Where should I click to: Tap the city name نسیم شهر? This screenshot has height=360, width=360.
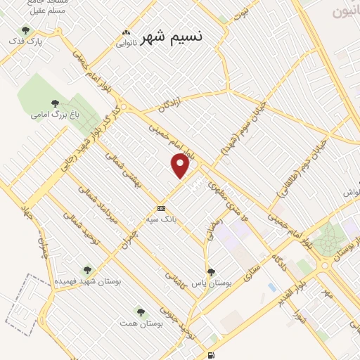[171, 37]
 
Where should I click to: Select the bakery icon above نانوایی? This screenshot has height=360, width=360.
[126, 32]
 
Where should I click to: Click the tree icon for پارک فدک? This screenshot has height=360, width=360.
[26, 30]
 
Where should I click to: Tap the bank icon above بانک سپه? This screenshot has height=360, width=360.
[162, 208]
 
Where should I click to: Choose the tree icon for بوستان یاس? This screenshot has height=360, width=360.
[211, 272]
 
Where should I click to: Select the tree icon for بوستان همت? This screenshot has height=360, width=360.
[141, 310]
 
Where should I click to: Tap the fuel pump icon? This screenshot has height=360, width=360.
[212, 354]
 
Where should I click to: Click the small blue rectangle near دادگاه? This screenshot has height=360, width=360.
[272, 288]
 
